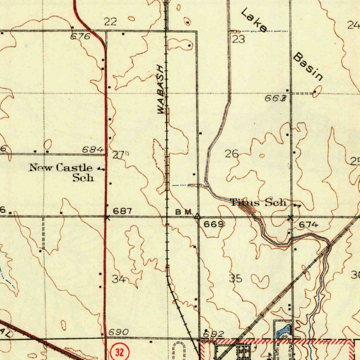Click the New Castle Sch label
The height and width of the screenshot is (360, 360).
click(x=62, y=173)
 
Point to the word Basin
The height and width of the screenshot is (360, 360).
click(x=308, y=66)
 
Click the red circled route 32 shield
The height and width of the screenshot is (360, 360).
click(x=120, y=352)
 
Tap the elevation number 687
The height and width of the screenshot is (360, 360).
click(x=122, y=211)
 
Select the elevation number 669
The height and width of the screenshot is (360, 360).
click(x=213, y=224)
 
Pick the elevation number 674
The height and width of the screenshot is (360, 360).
click(x=309, y=225)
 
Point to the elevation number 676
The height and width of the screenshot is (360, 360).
click(x=81, y=36)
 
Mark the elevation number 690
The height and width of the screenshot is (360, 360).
click(x=118, y=332)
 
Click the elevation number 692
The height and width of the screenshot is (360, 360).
click(x=213, y=334)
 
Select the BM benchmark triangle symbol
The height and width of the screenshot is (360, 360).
click(x=198, y=216)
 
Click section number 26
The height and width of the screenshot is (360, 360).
click(x=232, y=154)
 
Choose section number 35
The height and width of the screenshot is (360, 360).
click(x=236, y=279)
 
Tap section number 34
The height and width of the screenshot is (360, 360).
click(x=119, y=279)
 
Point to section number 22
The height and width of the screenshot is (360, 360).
click(x=110, y=22)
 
